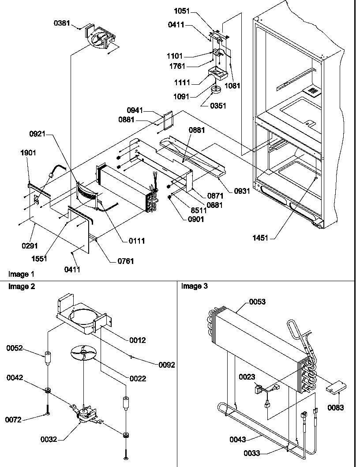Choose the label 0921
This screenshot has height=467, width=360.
pyautogui.click(x=39, y=133)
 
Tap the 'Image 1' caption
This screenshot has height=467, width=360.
pyautogui.click(x=21, y=274)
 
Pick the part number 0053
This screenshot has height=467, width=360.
pyautogui.click(x=258, y=302)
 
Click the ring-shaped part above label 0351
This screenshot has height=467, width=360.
pyautogui.click(x=216, y=90)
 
